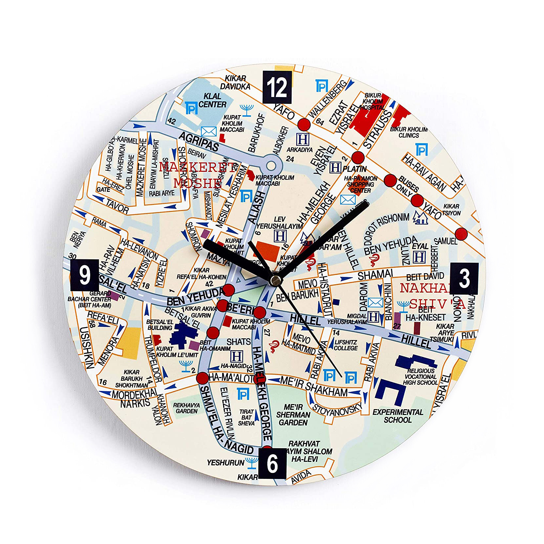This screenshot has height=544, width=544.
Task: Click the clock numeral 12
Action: (277, 87)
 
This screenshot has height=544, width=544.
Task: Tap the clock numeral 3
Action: (464, 278)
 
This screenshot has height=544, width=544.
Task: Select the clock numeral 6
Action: (272, 463)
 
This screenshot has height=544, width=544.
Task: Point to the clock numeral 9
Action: (85, 275)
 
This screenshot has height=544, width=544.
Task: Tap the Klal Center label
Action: (213, 100)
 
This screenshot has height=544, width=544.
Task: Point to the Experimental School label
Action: (398, 416)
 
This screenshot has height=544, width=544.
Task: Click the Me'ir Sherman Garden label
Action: (293, 415)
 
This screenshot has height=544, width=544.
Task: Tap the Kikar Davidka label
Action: (235, 82)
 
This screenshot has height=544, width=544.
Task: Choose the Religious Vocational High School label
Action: (420, 376)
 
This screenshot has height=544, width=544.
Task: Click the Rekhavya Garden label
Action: (186, 408)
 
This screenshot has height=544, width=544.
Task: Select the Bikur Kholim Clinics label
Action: (408, 132)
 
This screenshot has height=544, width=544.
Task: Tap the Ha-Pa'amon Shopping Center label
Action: (361, 184)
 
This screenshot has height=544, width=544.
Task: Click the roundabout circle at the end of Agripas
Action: (271, 166)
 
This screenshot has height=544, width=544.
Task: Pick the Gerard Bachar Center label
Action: (89, 299)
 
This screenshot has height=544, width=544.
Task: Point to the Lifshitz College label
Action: (346, 345)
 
